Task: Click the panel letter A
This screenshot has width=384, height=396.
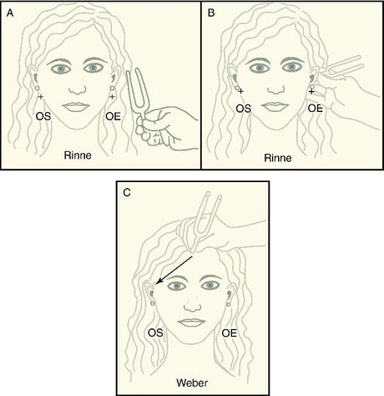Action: point(10,13)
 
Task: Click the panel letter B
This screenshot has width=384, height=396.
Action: point(211,13)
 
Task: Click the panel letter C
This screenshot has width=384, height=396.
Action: point(127,192)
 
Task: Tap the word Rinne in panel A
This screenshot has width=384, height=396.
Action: point(78,155)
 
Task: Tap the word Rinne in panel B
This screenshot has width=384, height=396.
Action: point(278,158)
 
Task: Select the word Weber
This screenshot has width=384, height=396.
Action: point(192,383)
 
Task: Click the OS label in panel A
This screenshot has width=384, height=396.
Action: point(43,116)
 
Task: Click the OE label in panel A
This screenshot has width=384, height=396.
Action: point(114,116)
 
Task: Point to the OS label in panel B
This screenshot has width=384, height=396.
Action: point(244,109)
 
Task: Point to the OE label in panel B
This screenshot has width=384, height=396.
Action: point(316,108)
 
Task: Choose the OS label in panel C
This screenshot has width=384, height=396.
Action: point(155,333)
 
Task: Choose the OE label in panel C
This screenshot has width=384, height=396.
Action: point(230,333)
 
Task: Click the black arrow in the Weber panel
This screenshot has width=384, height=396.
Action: point(174,271)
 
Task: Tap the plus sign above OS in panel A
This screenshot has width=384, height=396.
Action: point(41,97)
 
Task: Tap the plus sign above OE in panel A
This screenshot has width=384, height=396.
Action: point(112,97)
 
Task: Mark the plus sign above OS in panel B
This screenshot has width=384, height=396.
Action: point(241,91)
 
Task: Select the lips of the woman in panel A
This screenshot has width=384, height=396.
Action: point(76,107)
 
